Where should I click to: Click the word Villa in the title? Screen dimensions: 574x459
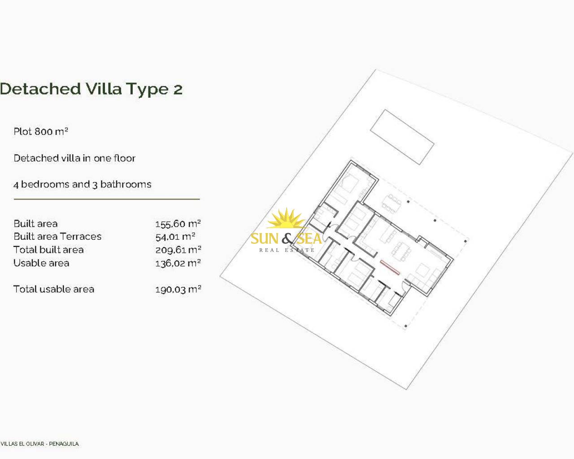click(x=104, y=89)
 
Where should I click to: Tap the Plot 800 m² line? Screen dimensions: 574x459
click(x=41, y=131)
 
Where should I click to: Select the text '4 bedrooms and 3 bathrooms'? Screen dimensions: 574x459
click(x=83, y=185)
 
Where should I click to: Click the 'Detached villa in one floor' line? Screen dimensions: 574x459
click(x=74, y=158)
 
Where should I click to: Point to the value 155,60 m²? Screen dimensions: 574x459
click(x=178, y=224)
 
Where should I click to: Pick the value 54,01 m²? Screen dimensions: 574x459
click(x=175, y=237)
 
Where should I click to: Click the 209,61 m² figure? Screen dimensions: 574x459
click(x=178, y=250)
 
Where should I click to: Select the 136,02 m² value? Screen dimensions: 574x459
click(x=178, y=263)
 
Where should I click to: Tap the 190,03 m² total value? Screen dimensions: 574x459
click(x=178, y=290)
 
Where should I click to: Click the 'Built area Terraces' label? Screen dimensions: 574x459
click(x=57, y=237)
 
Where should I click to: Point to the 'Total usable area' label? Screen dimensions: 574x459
click(x=54, y=289)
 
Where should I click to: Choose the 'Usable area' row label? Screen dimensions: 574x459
click(x=41, y=263)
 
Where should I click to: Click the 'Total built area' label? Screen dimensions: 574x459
click(x=48, y=250)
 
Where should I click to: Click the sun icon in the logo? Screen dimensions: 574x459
click(x=286, y=219)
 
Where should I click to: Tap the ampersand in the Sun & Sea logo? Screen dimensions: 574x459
click(x=287, y=238)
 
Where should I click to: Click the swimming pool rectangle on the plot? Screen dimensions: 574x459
click(x=402, y=137)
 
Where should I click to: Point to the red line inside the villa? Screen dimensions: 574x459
click(x=390, y=267)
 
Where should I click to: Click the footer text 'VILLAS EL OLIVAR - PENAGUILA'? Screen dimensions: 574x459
click(x=39, y=444)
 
